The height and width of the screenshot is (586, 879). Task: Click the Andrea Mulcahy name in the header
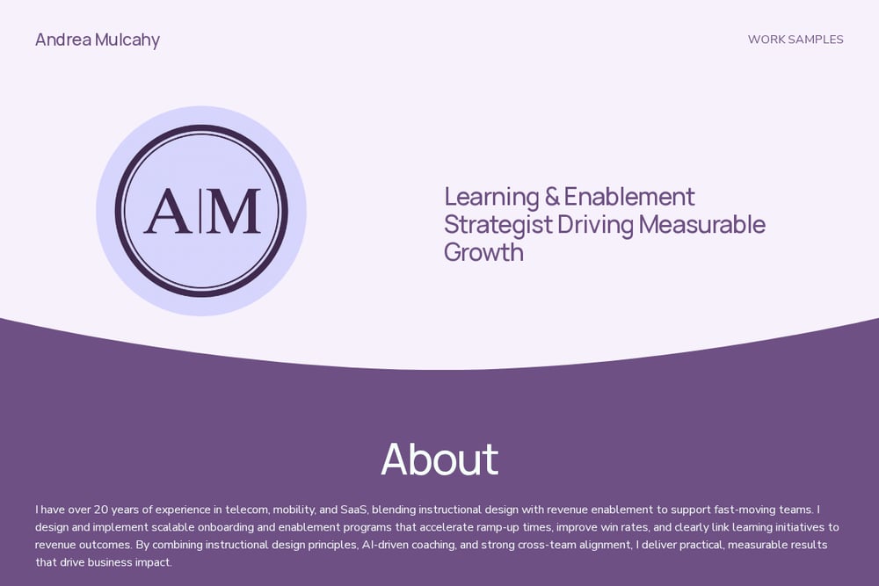98,40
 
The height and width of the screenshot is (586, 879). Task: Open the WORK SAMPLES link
795,40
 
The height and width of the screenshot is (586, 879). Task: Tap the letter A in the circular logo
167,211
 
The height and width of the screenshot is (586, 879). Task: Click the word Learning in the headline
491,197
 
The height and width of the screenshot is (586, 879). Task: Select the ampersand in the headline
552,197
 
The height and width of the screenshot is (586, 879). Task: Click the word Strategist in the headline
498,225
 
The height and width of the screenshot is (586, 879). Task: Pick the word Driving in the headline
595,225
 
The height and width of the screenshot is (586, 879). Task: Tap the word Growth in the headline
483,252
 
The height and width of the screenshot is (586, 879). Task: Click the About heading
439,459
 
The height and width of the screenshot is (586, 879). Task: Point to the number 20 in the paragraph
101,510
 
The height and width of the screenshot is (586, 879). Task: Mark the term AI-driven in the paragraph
385,545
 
